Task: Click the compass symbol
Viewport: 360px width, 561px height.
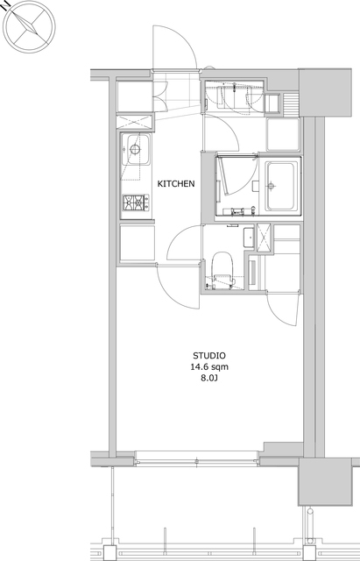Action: pyautogui.click(x=29, y=26)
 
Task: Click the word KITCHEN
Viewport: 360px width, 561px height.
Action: pyautogui.click(x=176, y=184)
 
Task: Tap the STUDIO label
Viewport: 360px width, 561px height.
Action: pyautogui.click(x=209, y=356)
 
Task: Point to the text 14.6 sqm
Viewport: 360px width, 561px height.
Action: pyautogui.click(x=209, y=366)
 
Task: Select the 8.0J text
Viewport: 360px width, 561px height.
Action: pyautogui.click(x=209, y=378)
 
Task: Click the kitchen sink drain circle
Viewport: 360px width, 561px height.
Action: pyautogui.click(x=135, y=149)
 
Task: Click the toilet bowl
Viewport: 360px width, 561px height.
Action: pyautogui.click(x=222, y=266)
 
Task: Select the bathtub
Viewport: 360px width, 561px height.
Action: pyautogui.click(x=282, y=186)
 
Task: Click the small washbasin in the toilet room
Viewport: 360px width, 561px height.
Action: pyautogui.click(x=249, y=238)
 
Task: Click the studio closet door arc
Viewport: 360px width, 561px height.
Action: pyautogui.click(x=282, y=309)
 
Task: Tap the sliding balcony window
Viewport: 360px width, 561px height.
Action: pyautogui.click(x=196, y=458)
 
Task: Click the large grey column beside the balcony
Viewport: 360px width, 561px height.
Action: pyautogui.click(x=325, y=482)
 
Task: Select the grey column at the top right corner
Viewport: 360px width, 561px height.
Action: pyautogui.click(x=325, y=92)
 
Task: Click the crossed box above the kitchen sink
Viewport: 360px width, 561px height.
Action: pyautogui.click(x=135, y=123)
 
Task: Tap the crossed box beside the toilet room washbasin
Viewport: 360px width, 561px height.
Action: pyautogui.click(x=264, y=238)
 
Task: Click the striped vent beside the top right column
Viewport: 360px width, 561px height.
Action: pyautogui.click(x=290, y=103)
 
